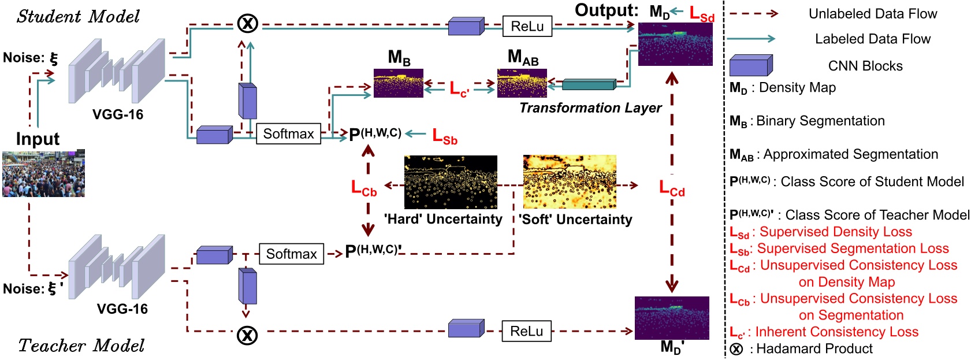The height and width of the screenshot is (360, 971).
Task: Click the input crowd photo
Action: tap(43, 173)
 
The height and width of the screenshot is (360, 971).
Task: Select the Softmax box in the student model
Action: tap(288, 133)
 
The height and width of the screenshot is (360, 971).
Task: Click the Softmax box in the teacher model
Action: tap(291, 254)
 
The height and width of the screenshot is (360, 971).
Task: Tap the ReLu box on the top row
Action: tap(527, 26)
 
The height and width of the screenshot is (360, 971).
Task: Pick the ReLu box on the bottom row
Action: tap(526, 331)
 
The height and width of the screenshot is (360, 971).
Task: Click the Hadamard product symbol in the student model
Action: tap(248, 24)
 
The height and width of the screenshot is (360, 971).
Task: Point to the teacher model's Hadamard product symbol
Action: tap(247, 335)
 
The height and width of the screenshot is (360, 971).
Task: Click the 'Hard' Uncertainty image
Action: tap(450, 182)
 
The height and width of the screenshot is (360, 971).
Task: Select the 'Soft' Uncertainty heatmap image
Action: tap(569, 182)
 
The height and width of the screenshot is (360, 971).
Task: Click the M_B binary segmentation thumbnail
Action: tap(398, 83)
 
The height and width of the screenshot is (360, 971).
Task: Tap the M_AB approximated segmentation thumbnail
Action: tap(522, 83)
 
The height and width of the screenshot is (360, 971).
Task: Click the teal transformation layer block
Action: tap(589, 84)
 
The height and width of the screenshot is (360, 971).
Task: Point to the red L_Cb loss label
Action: tap(364, 188)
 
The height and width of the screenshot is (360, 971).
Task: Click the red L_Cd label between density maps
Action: tap(672, 188)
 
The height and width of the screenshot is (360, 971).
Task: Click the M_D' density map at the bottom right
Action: tap(671, 318)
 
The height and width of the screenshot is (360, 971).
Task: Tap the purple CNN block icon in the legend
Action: tap(750, 66)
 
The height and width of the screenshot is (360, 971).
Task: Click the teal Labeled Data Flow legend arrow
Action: tap(750, 39)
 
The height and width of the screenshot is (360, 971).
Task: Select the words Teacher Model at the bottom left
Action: tap(81, 346)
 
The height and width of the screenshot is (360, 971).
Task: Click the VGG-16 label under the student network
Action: tap(117, 114)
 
